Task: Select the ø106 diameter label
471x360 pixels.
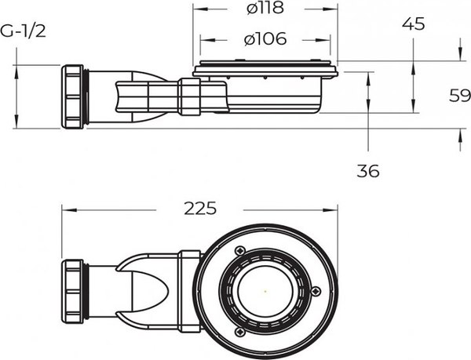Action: click(265, 38)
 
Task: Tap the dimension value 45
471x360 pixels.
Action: click(413, 24)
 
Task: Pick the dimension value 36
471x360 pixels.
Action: click(367, 170)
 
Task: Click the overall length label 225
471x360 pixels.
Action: click(200, 209)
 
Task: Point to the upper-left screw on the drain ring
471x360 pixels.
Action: click(235, 249)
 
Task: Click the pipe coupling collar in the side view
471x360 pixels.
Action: click(188, 96)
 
